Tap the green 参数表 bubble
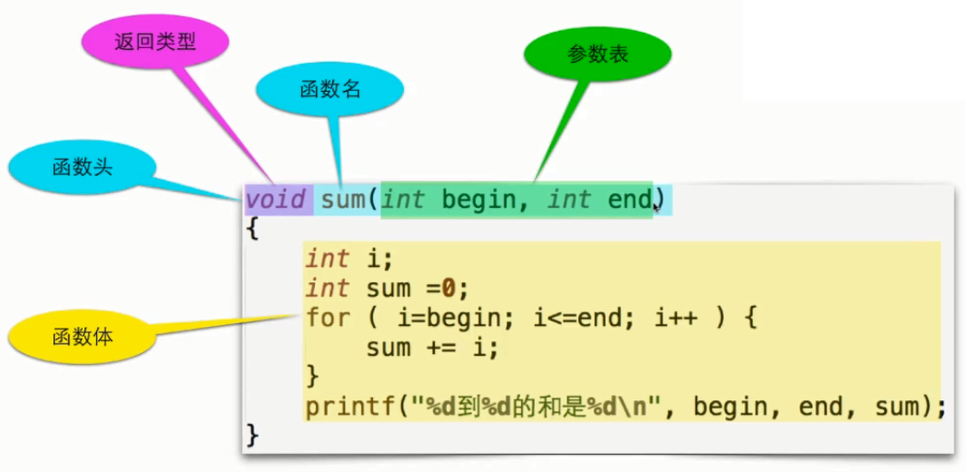(x=597, y=54)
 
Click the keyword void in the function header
(x=276, y=200)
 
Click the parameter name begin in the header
(x=479, y=200)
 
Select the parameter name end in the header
(x=629, y=200)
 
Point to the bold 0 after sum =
(x=448, y=289)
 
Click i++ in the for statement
(x=673, y=318)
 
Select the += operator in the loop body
(x=452, y=347)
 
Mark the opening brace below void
(x=251, y=229)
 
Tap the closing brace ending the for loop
(x=313, y=376)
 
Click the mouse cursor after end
(x=656, y=208)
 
